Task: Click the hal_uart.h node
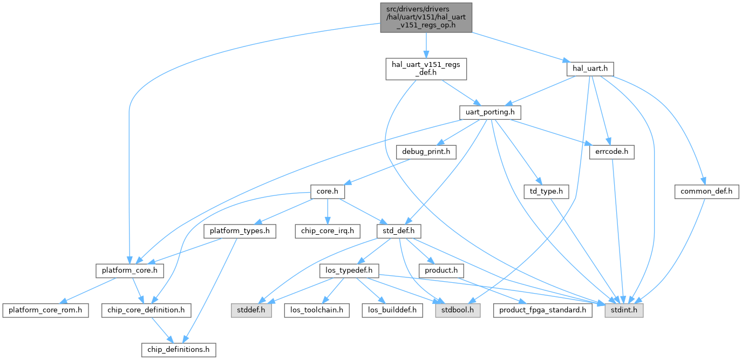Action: [590, 69]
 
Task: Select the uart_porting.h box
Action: [491, 112]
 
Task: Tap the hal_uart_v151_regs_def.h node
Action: [426, 69]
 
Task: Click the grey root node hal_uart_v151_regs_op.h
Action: [426, 17]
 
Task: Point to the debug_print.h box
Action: [426, 152]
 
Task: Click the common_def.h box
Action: [706, 192]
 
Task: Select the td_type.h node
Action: [547, 192]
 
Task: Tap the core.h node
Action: [328, 192]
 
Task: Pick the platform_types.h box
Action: [240, 232]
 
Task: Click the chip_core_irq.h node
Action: [327, 232]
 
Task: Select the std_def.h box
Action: [398, 232]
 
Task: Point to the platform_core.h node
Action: [130, 270]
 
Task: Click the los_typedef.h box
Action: [350, 270]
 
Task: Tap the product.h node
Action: [441, 270]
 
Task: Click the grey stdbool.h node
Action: [458, 310]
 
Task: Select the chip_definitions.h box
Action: [179, 350]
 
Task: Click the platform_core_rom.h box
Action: [45, 310]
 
